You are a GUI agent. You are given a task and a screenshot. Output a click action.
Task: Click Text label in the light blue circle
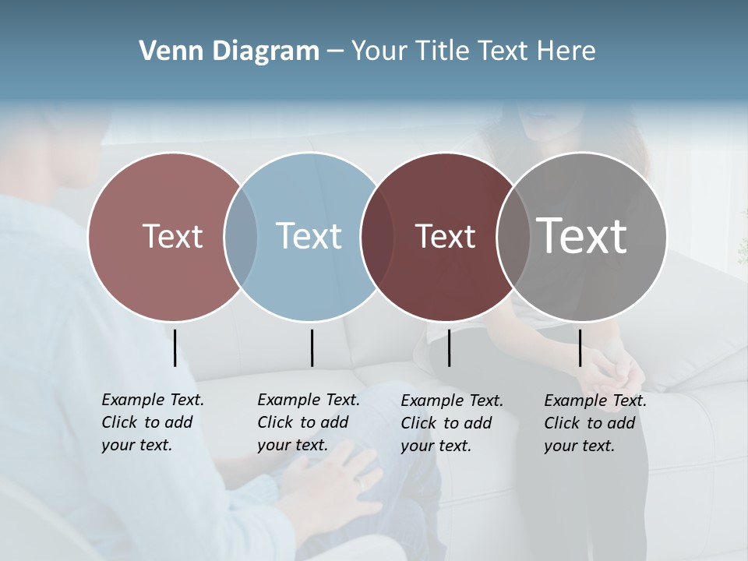tap(309, 236)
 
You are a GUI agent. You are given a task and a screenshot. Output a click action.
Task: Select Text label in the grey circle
tap(582, 235)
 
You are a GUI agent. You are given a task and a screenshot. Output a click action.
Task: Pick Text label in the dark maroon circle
tap(445, 236)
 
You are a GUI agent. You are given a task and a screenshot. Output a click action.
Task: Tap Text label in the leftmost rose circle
tap(172, 236)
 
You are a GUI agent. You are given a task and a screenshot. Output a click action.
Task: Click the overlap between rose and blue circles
tap(241, 236)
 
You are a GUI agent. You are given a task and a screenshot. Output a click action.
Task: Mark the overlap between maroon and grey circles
tap(513, 236)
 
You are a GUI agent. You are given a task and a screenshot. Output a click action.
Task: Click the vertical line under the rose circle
tap(175, 348)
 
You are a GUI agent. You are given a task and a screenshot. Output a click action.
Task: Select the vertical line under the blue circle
tap(312, 348)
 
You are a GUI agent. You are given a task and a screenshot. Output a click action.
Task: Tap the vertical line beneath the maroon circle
tap(449, 348)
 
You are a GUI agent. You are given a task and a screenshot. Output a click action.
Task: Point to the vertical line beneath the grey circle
tap(580, 348)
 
